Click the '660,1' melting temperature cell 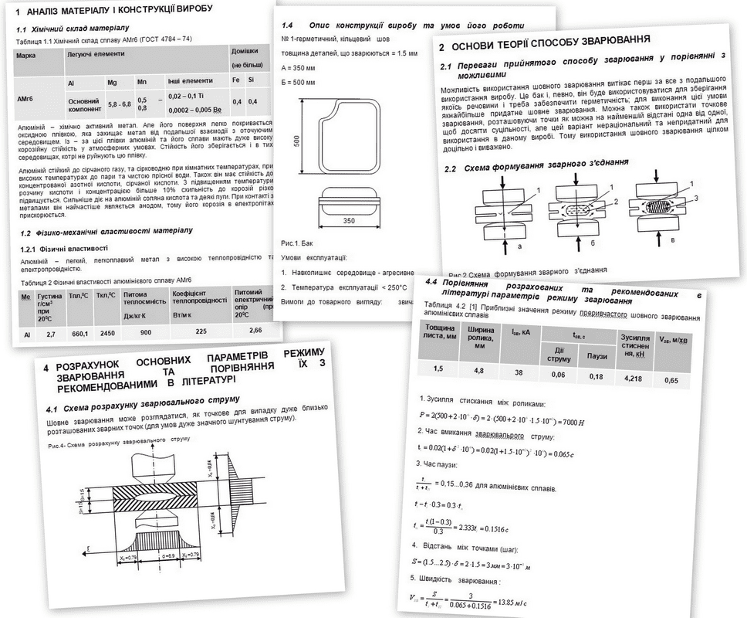77,334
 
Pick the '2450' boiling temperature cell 106,334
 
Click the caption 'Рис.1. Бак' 299,243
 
